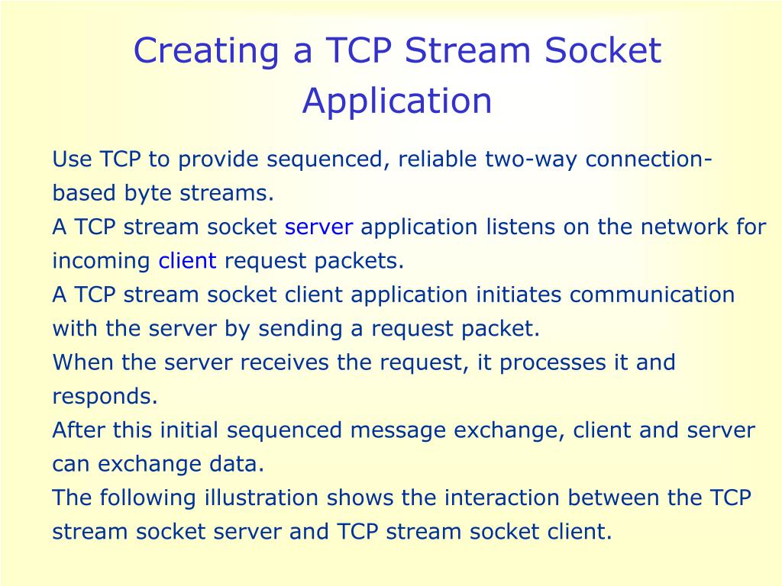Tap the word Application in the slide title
click(397, 101)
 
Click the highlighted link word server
click(318, 227)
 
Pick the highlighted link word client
click(187, 261)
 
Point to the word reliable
click(439, 160)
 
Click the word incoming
click(101, 261)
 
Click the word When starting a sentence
click(83, 362)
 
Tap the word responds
click(104, 397)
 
